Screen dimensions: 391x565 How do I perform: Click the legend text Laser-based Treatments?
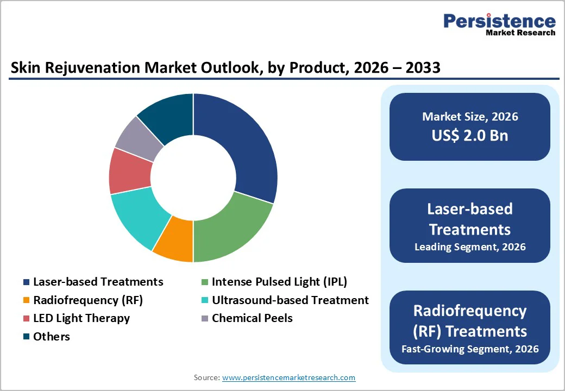(98, 282)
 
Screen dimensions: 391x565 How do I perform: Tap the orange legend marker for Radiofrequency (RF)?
(26, 300)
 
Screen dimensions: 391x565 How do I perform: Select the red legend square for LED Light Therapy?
(26, 318)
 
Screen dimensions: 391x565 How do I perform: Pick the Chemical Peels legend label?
(252, 318)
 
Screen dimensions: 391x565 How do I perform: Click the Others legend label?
(52, 337)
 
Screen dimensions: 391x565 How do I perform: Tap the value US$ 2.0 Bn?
(470, 135)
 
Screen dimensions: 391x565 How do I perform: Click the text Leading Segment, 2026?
(470, 247)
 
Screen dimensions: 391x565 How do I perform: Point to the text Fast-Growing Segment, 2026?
(470, 349)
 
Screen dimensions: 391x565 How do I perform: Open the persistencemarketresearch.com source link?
(288, 377)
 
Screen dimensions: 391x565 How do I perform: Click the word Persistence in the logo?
(499, 21)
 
